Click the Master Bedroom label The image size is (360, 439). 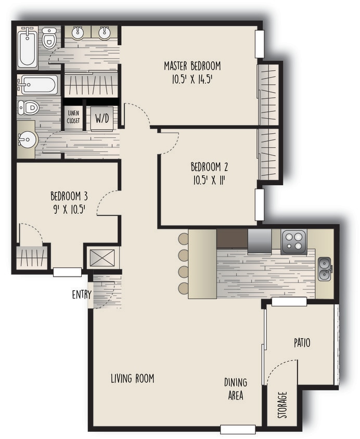[x=192, y=66]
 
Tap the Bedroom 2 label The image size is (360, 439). [x=209, y=167]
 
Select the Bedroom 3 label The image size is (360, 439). [x=69, y=196]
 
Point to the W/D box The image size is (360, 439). [x=101, y=119]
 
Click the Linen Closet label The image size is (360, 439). [x=73, y=118]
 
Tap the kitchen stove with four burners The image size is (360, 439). [x=294, y=241]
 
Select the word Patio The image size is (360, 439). [x=302, y=343]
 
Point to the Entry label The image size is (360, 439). [x=82, y=295]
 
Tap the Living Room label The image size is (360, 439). [x=132, y=378]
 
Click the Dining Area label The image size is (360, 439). [x=235, y=389]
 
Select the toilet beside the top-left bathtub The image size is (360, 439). [x=49, y=38]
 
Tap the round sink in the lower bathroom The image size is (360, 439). [x=26, y=139]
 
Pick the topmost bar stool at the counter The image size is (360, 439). [x=184, y=239]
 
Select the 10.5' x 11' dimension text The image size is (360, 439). [x=209, y=180]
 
